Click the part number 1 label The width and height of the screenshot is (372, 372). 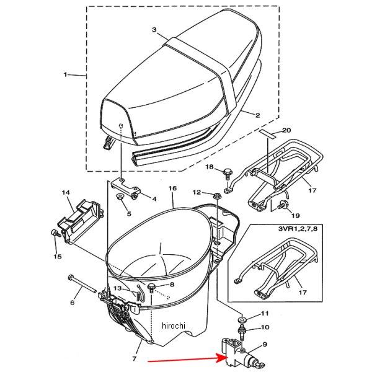(x=64, y=74)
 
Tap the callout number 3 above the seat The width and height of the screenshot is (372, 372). (x=154, y=30)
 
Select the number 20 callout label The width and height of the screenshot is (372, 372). (x=286, y=130)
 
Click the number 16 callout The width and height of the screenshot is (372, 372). (x=172, y=188)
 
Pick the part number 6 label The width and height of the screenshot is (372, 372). (x=72, y=303)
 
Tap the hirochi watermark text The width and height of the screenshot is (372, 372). (x=173, y=325)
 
